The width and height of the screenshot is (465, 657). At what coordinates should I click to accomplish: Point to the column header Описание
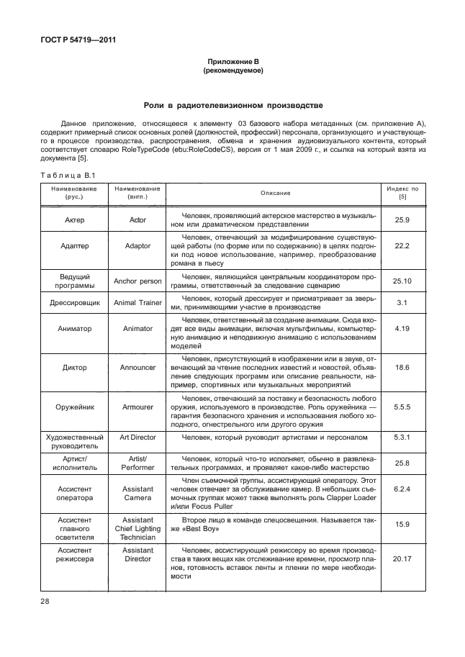tap(271, 193)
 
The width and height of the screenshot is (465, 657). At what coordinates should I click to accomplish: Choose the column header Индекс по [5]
tap(402, 193)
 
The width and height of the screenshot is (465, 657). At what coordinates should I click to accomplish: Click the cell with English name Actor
tap(137, 219)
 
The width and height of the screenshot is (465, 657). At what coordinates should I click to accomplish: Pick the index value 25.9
tap(402, 219)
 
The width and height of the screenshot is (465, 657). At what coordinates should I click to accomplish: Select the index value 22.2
tap(402, 246)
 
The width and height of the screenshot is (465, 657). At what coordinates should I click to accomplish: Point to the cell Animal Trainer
tap(137, 302)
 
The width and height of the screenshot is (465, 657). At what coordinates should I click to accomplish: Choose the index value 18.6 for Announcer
tap(402, 367)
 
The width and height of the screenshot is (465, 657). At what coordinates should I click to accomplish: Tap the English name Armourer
tap(137, 407)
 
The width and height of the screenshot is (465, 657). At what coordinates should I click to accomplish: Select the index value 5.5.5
tap(402, 407)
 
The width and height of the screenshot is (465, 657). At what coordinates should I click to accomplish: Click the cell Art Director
tap(137, 437)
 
